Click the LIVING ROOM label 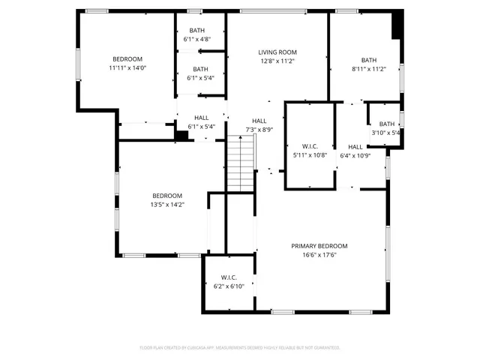coord(277,52)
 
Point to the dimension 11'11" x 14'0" coord(127,67)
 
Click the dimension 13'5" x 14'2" coord(167,204)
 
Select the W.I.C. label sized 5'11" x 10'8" coord(310,146)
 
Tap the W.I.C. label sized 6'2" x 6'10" coord(229,277)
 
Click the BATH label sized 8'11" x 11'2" coord(369,60)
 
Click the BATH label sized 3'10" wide coord(387,124)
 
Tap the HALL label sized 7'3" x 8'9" coord(259,121)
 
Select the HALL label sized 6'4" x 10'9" coord(355,147)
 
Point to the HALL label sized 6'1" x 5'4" coord(202,118)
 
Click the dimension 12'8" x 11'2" coord(277,61)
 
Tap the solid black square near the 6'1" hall coord(181,135)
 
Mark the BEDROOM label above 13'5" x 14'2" coord(167,196)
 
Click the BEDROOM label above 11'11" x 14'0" coord(127,59)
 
